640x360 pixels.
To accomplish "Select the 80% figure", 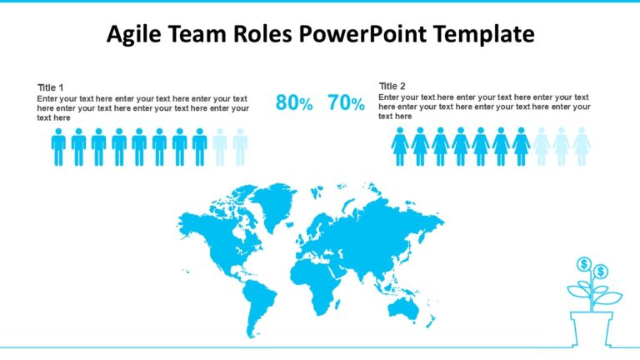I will click(x=294, y=103).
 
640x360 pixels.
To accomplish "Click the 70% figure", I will click(x=347, y=103).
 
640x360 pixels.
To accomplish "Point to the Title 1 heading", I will click(x=51, y=87).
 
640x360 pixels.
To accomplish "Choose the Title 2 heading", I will click(x=392, y=86).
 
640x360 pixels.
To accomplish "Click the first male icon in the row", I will click(x=58, y=147).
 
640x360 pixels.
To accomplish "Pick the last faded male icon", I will click(x=240, y=147).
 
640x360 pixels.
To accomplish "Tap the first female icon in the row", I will click(x=400, y=147).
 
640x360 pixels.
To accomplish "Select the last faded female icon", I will click(x=582, y=147).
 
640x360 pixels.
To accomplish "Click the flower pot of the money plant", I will click(x=592, y=327).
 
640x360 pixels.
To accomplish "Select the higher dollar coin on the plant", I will click(x=584, y=264).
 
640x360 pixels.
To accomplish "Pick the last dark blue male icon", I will click(x=199, y=147).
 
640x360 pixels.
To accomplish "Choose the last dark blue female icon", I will click(x=521, y=147).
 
